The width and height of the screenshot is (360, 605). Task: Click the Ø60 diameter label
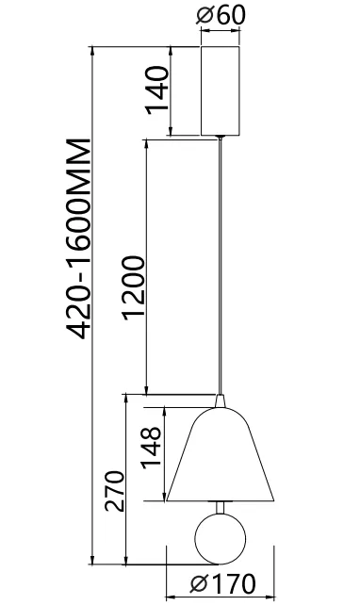point(221,15)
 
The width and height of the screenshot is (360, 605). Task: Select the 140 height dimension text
point(157,90)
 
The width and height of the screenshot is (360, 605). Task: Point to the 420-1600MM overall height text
point(79,238)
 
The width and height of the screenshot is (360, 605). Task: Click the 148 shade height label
point(152,448)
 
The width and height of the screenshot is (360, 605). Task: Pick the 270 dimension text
point(115,491)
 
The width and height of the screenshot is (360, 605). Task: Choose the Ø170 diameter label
point(222,583)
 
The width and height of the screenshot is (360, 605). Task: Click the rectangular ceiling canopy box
point(220,91)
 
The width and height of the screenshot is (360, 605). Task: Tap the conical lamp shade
point(220,454)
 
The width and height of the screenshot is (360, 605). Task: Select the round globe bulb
point(220,539)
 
